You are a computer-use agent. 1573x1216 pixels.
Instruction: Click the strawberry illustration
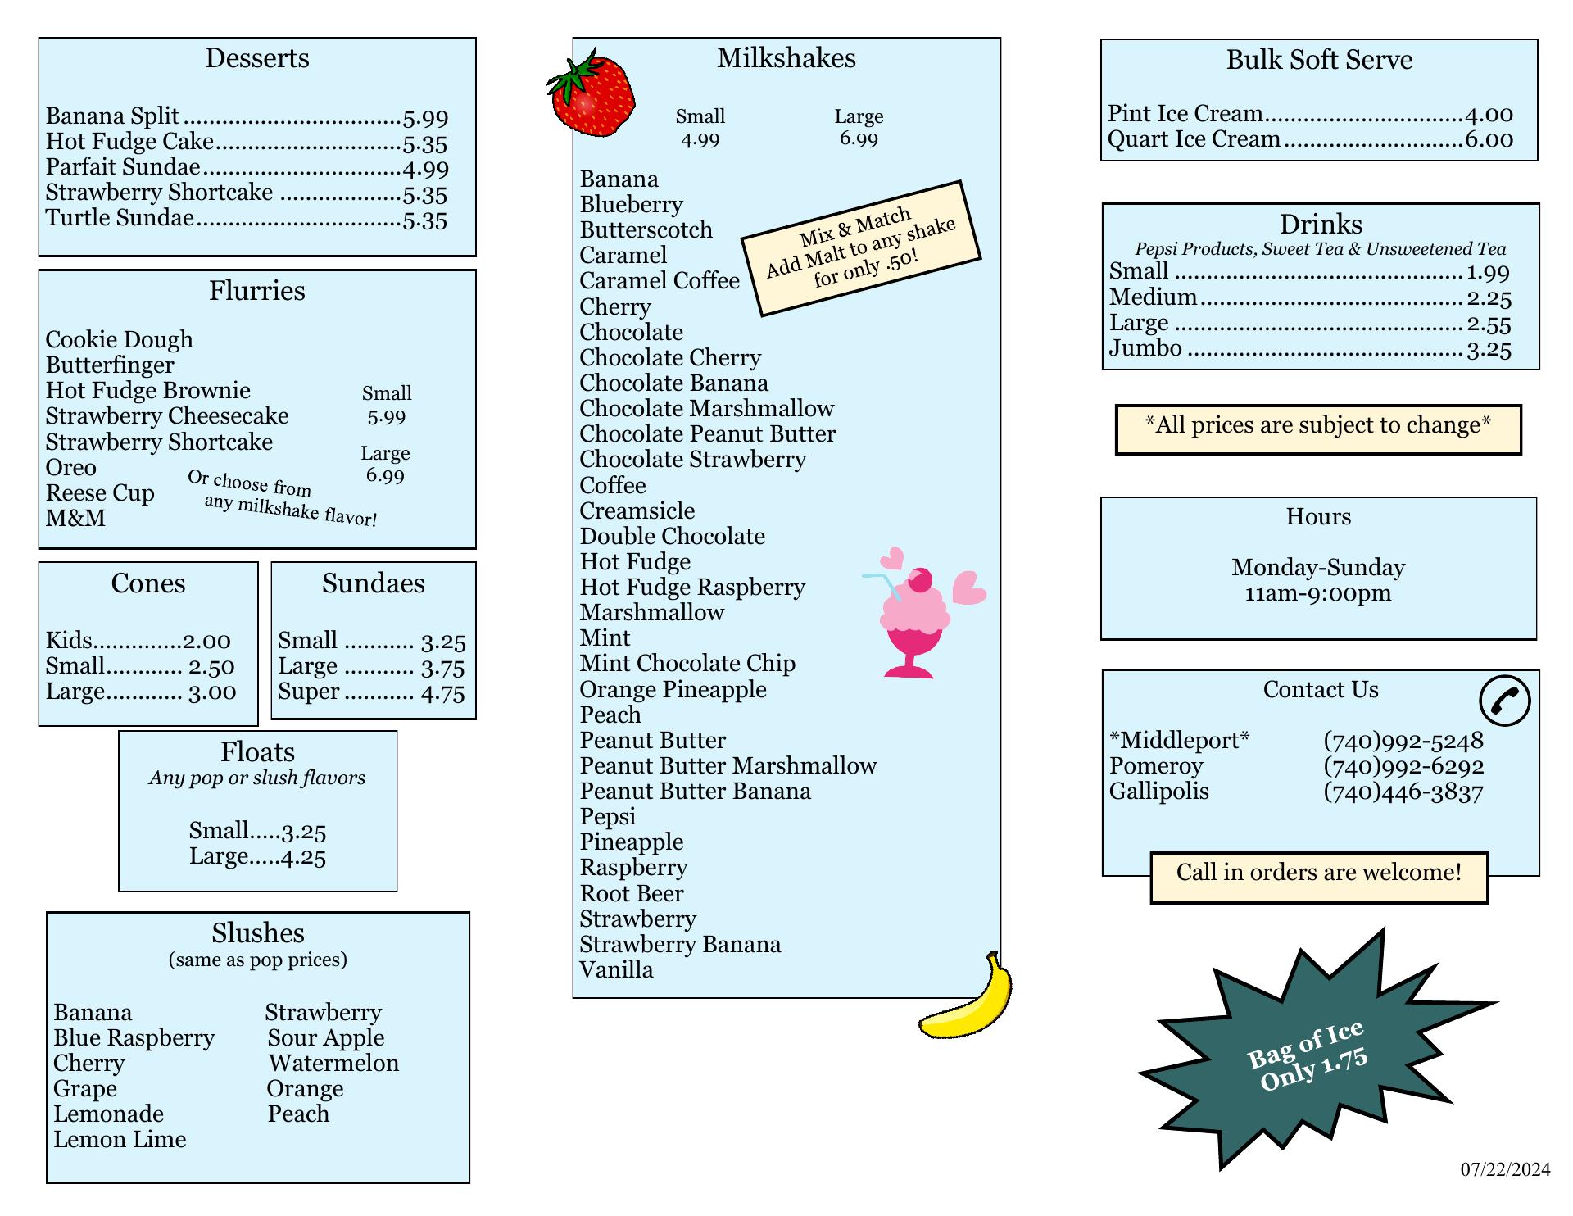point(592,94)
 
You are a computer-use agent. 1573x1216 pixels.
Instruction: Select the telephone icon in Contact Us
point(1504,701)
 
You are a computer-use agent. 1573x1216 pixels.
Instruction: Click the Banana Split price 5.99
point(425,118)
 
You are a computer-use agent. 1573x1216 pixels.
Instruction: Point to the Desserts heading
point(257,58)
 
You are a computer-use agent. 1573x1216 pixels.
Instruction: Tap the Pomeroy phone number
point(1403,766)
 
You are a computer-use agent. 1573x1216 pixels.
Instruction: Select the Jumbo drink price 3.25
point(1489,350)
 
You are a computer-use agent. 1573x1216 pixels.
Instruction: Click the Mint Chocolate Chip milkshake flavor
point(687,663)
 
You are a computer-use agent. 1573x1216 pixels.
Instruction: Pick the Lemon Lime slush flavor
point(120,1139)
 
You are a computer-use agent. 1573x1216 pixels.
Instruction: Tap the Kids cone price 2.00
point(206,641)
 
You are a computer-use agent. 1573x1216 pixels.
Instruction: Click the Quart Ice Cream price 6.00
point(1489,139)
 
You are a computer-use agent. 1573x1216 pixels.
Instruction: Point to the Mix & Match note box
point(860,247)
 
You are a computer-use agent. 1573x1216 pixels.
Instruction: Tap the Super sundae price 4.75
point(442,693)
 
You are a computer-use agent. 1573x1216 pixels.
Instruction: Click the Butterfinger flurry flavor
point(110,365)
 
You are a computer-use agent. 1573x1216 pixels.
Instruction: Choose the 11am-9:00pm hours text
point(1317,593)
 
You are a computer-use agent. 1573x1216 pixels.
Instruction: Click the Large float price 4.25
point(303,857)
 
